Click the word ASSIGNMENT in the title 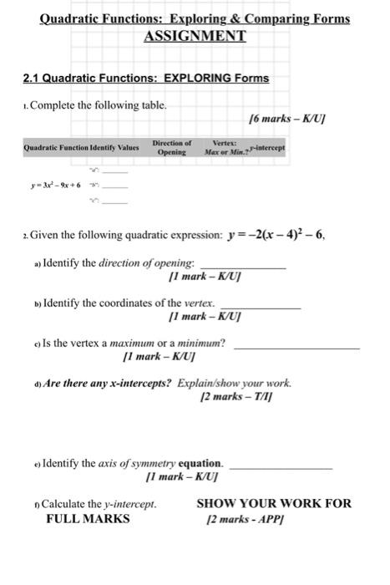click(195, 36)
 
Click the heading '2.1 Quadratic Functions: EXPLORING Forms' click(145, 79)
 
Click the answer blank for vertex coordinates click(263, 307)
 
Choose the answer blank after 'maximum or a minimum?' click(296, 346)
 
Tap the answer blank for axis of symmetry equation click(280, 465)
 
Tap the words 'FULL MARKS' click(88, 518)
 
